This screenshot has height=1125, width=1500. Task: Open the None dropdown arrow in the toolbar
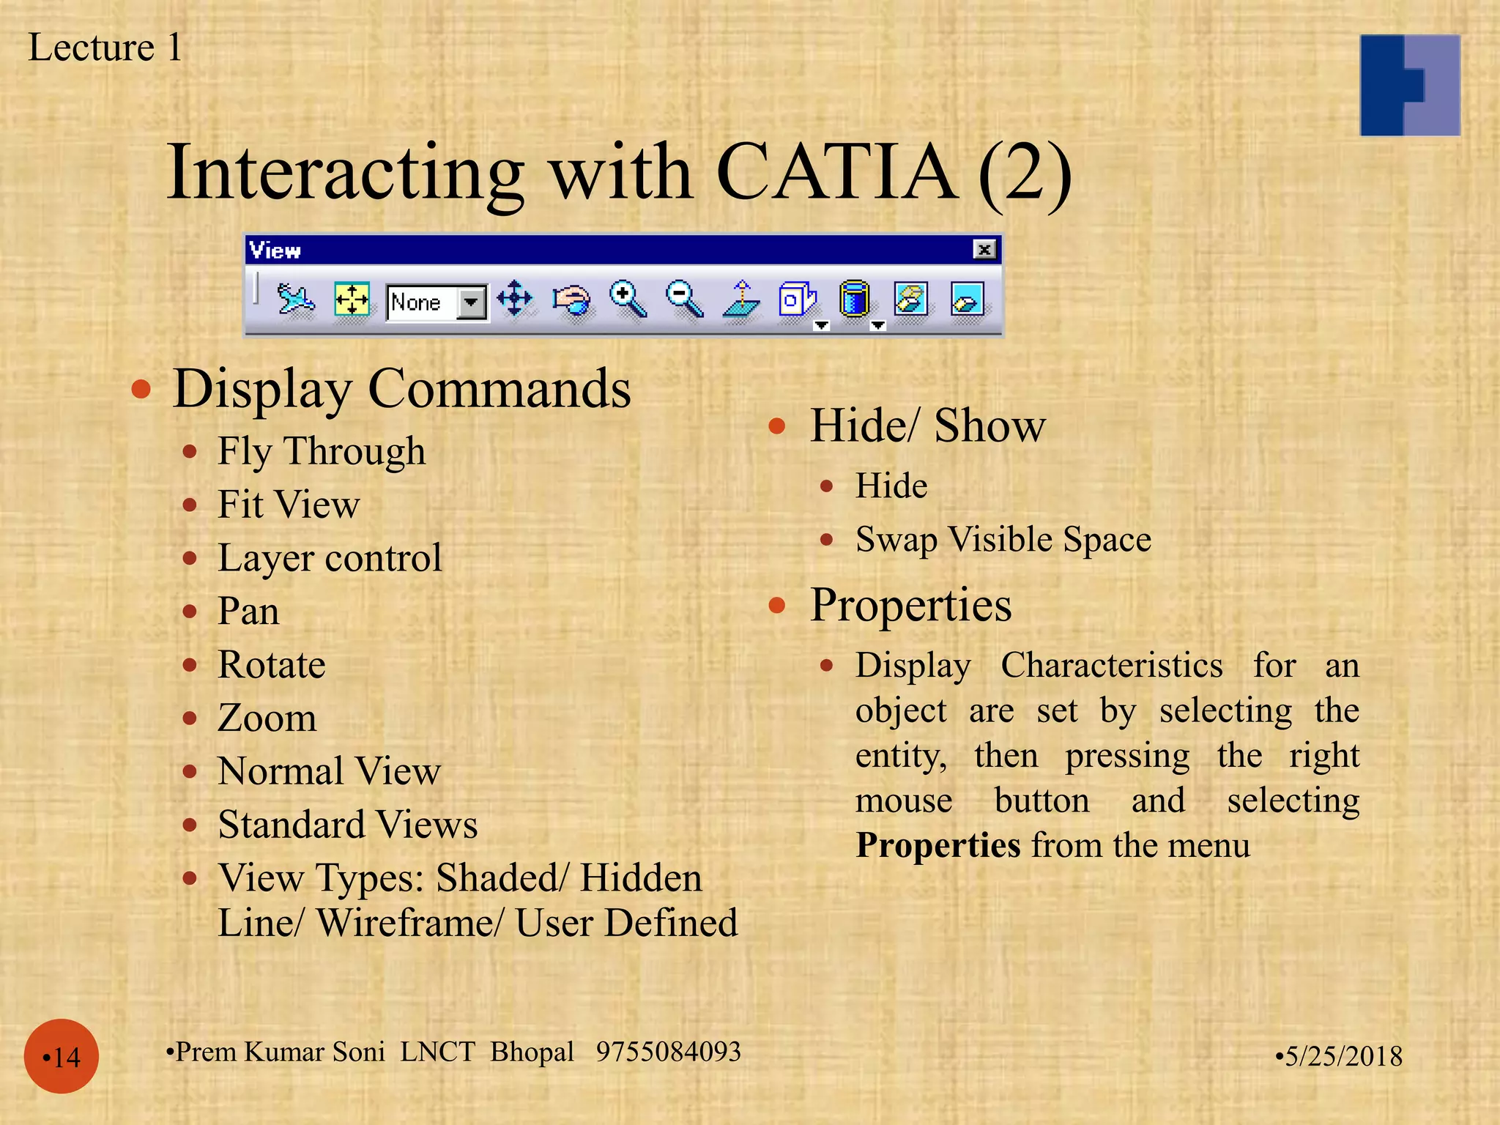pos(472,302)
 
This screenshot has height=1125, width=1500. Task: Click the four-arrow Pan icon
pos(515,299)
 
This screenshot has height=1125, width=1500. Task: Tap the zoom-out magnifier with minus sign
pos(684,299)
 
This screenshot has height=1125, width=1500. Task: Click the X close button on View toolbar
pos(984,250)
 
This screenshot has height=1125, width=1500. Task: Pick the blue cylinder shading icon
pos(854,299)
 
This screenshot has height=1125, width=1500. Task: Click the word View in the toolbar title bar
pos(275,250)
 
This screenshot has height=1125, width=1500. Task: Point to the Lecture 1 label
pos(105,48)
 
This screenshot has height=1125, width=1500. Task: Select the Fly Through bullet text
pos(321,450)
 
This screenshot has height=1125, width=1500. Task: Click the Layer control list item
pos(330,558)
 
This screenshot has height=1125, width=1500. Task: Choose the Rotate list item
pos(271,665)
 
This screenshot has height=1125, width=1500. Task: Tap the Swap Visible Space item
pos(1003,540)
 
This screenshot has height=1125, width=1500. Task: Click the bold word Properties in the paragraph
pos(937,845)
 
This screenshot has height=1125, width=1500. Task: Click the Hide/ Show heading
pos(927,426)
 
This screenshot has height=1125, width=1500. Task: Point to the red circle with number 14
pos(62,1056)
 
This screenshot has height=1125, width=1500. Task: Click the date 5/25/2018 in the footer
pos(1342,1056)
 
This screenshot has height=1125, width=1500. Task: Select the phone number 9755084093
pos(668,1052)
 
